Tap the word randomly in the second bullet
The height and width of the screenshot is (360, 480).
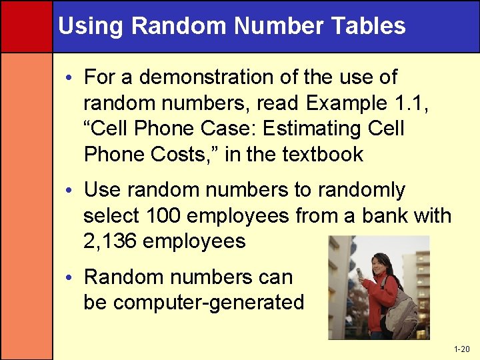361,191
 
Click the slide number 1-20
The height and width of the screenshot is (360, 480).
461,349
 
